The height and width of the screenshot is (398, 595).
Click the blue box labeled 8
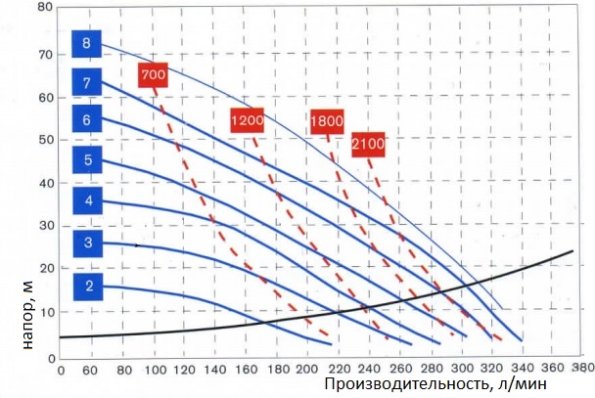[87, 43]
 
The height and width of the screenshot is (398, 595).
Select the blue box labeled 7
[87, 83]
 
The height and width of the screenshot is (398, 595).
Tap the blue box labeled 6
[87, 120]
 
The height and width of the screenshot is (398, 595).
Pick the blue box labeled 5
[87, 159]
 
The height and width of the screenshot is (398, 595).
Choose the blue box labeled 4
[87, 201]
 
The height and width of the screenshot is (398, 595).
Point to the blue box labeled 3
[87, 243]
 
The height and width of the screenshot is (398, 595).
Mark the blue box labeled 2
[87, 287]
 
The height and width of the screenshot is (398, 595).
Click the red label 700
[154, 75]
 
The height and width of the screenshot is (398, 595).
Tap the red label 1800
[326, 121]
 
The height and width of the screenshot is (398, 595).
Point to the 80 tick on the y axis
[42, 7]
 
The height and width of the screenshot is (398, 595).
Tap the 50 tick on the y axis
[42, 140]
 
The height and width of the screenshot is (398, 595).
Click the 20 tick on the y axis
[42, 267]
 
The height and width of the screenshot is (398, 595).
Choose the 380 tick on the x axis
[582, 370]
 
